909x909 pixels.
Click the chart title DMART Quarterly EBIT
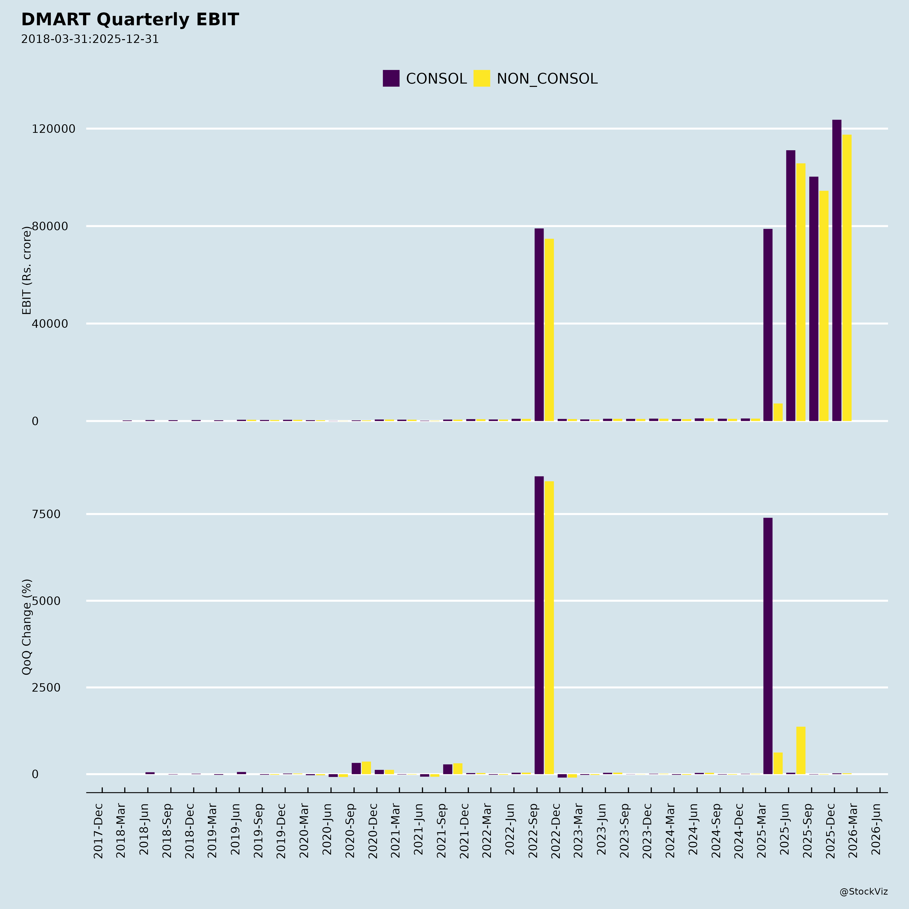(130, 20)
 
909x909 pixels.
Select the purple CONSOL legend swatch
(391, 78)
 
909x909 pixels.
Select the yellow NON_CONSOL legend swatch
(481, 78)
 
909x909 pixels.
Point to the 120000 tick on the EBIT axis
(53, 129)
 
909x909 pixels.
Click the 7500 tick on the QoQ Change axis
(46, 514)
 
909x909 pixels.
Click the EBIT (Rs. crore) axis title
(27, 270)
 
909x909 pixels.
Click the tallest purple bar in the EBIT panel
(837, 270)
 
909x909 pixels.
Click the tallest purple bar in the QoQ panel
(539, 626)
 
